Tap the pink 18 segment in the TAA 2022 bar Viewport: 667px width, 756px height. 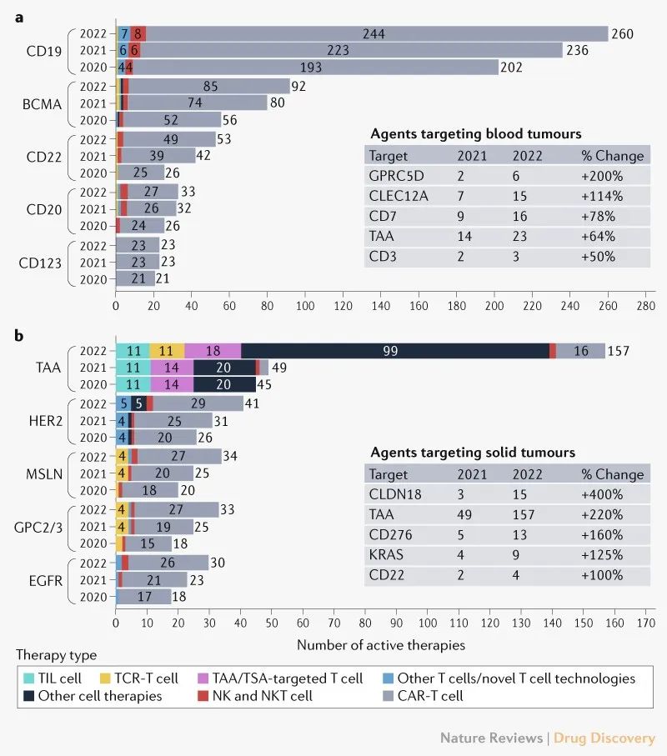(x=213, y=352)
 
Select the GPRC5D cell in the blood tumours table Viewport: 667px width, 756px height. (x=396, y=176)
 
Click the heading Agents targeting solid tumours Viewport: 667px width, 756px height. (x=473, y=453)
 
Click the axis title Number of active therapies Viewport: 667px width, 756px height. (x=381, y=644)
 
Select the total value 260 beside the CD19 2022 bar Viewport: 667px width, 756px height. (x=623, y=34)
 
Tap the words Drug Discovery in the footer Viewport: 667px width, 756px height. (x=607, y=738)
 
